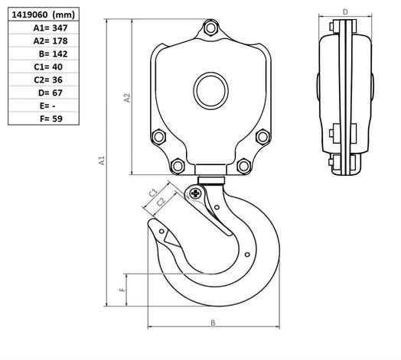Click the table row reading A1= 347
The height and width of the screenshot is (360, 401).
51,28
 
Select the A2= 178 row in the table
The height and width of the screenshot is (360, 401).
51,41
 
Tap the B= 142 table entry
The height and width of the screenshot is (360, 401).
54,54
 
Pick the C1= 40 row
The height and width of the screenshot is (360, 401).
48,66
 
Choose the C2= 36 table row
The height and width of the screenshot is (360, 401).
48,79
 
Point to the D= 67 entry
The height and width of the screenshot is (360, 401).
51,92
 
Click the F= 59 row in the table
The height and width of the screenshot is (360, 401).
51,118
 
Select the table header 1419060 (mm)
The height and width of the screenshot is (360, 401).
44,15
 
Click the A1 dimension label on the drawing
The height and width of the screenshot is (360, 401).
102,161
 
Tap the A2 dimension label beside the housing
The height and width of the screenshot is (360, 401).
127,98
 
